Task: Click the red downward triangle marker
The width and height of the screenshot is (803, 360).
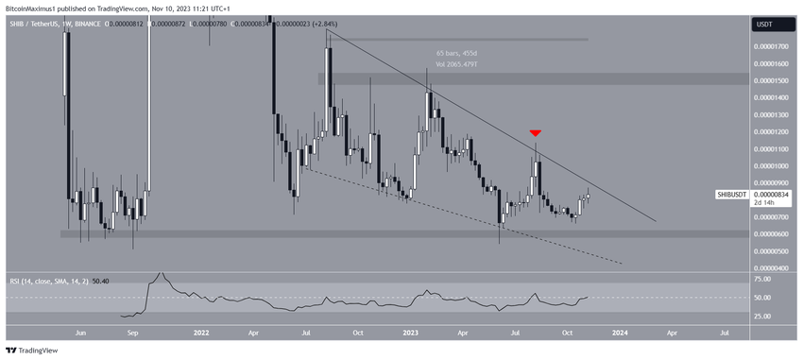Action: click(x=536, y=134)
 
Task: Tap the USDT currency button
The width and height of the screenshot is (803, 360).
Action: click(x=765, y=26)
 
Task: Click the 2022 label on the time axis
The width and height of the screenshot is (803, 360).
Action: click(x=200, y=334)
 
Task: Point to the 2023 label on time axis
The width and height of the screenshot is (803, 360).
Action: click(x=410, y=334)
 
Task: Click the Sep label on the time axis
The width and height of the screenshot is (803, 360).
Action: click(x=132, y=334)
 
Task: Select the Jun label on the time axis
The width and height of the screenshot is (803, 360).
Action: click(x=81, y=334)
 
